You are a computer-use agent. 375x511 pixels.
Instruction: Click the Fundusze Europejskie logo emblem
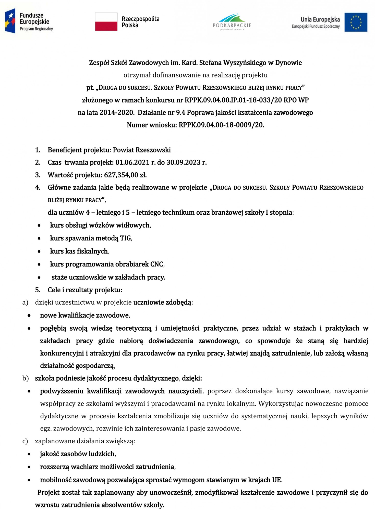pyautogui.click(x=10, y=21)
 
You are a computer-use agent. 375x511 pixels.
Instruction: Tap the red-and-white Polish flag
pyautogui.click(x=106, y=22)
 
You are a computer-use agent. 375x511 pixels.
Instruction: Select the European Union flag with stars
pyautogui.click(x=356, y=22)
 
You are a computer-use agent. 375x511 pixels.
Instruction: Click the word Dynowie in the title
pyautogui.click(x=288, y=63)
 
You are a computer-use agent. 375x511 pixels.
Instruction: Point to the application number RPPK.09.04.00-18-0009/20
pyautogui.click(x=221, y=125)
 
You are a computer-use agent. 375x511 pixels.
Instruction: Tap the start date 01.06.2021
pyautogui.click(x=132, y=162)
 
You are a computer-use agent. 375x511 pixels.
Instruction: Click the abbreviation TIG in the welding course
pyautogui.click(x=126, y=238)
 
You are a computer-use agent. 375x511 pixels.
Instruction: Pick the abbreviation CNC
pyautogui.click(x=157, y=264)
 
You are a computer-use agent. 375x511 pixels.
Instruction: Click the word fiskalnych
pyautogui.click(x=93, y=251)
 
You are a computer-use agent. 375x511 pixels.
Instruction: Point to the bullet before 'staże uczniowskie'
pyautogui.click(x=39, y=277)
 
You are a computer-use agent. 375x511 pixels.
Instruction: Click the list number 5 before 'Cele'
pyautogui.click(x=38, y=290)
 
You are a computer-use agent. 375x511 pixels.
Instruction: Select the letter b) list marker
pyautogui.click(x=25, y=378)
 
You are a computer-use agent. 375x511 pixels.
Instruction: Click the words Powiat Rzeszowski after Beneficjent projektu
pyautogui.click(x=142, y=150)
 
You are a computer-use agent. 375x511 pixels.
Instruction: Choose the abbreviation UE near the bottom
pyautogui.click(x=276, y=480)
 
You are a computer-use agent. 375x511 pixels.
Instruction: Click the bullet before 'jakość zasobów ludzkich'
pyautogui.click(x=29, y=454)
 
